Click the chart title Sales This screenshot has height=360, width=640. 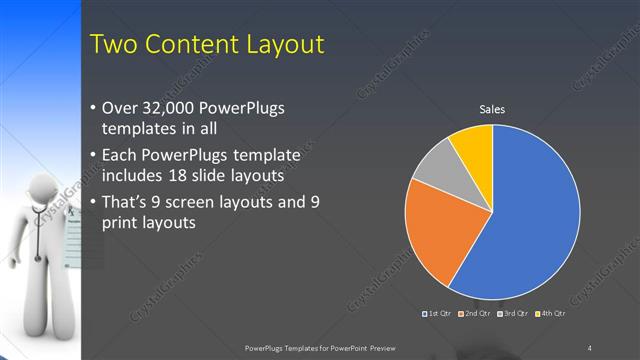tap(491, 108)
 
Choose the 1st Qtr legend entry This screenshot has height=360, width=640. tap(439, 315)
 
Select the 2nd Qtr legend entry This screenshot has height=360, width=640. tap(475, 315)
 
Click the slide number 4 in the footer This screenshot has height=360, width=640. tap(589, 347)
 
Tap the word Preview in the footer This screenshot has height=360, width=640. tap(388, 347)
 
